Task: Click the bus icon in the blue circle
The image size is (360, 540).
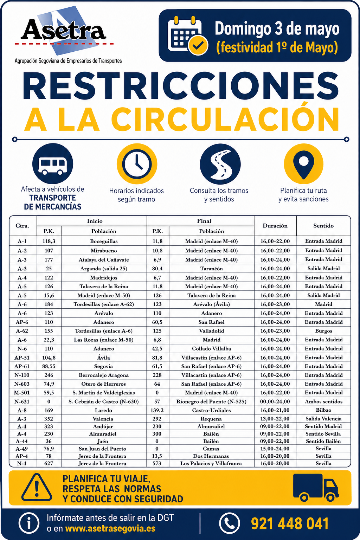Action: [x=53, y=164]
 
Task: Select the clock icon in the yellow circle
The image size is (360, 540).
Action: [x=137, y=164]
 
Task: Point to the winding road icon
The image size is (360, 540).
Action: [x=220, y=164]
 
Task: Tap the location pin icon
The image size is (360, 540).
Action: [x=303, y=164]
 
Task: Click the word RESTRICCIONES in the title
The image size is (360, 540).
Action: [x=181, y=86]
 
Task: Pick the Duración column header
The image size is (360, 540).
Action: [x=275, y=226]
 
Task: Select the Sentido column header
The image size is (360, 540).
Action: [x=323, y=226]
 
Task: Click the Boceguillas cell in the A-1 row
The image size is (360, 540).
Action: [x=104, y=242]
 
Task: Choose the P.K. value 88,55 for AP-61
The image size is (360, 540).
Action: [x=49, y=366]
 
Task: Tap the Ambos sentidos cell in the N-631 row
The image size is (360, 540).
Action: [x=323, y=401]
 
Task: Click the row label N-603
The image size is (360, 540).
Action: [x=22, y=384]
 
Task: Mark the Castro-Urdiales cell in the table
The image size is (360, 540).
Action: [x=211, y=410]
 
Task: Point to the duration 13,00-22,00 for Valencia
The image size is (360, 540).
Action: [x=275, y=419]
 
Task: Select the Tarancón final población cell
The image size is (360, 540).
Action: [x=211, y=269]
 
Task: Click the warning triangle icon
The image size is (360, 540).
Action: [x=37, y=488]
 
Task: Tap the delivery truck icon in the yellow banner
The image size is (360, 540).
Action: [x=315, y=488]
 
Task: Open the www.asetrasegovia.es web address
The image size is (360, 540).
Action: [x=110, y=529]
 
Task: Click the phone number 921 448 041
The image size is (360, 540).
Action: [x=290, y=523]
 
